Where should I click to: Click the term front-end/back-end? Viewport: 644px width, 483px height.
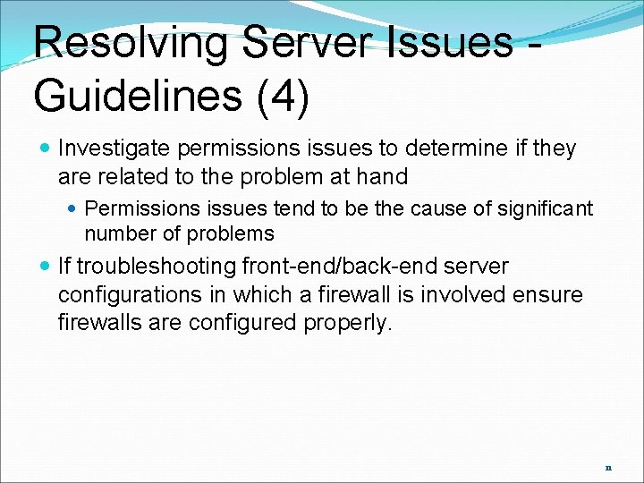[x=338, y=267]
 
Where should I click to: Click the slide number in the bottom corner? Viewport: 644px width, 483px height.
[x=608, y=468]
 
